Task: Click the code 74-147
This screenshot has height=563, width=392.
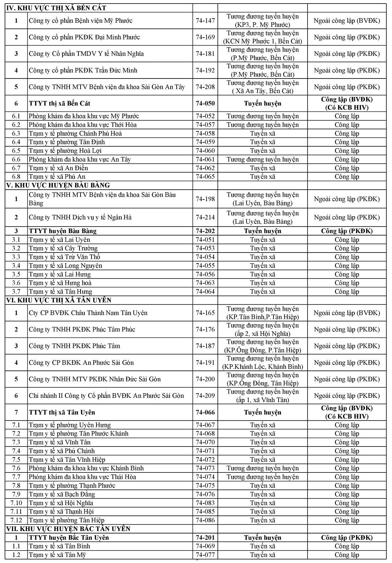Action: click(205, 21)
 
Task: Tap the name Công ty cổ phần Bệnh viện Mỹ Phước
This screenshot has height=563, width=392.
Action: click(81, 21)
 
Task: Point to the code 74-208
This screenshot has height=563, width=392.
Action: click(205, 87)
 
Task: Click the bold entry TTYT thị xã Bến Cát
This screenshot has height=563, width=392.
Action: click(60, 103)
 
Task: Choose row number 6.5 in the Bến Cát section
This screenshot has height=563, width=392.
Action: click(16, 151)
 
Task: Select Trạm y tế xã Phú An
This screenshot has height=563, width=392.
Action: click(57, 177)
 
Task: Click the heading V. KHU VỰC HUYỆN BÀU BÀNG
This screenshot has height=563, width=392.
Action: click(58, 185)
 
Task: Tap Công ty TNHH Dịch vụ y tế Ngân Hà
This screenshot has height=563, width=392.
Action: click(80, 217)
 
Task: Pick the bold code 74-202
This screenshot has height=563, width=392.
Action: click(205, 231)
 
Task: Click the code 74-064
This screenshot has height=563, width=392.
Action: click(205, 292)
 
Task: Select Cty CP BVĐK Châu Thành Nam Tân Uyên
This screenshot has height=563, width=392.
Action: click(88, 313)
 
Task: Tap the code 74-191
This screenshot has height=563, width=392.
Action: click(205, 363)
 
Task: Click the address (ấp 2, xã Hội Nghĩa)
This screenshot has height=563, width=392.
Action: click(263, 334)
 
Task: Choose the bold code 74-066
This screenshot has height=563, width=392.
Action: click(205, 412)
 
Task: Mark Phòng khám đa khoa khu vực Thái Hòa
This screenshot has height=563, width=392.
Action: click(82, 477)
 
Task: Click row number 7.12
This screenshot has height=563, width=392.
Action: click(16, 520)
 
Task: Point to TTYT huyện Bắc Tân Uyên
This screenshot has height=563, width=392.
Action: click(69, 537)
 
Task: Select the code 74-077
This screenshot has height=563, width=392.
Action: click(205, 555)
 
